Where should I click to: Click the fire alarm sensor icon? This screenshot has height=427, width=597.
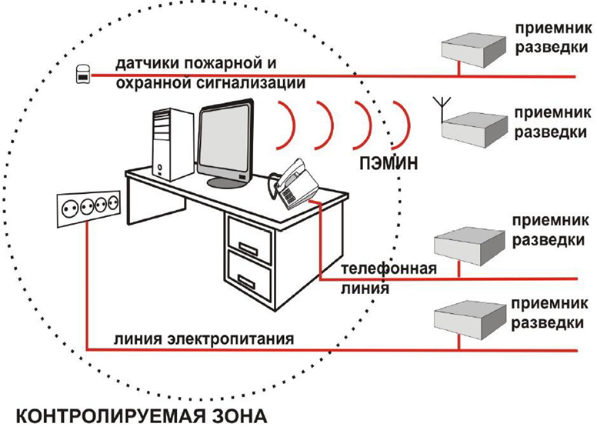pos(83,74)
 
